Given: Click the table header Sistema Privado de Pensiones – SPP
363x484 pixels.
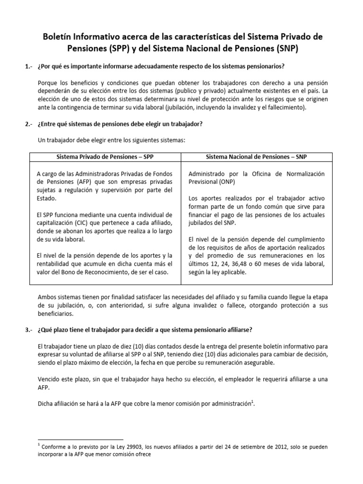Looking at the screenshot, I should (x=105, y=156).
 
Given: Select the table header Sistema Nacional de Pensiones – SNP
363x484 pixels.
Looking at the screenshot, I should (x=257, y=156).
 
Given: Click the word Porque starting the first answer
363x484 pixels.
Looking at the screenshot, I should (x=48, y=82).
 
